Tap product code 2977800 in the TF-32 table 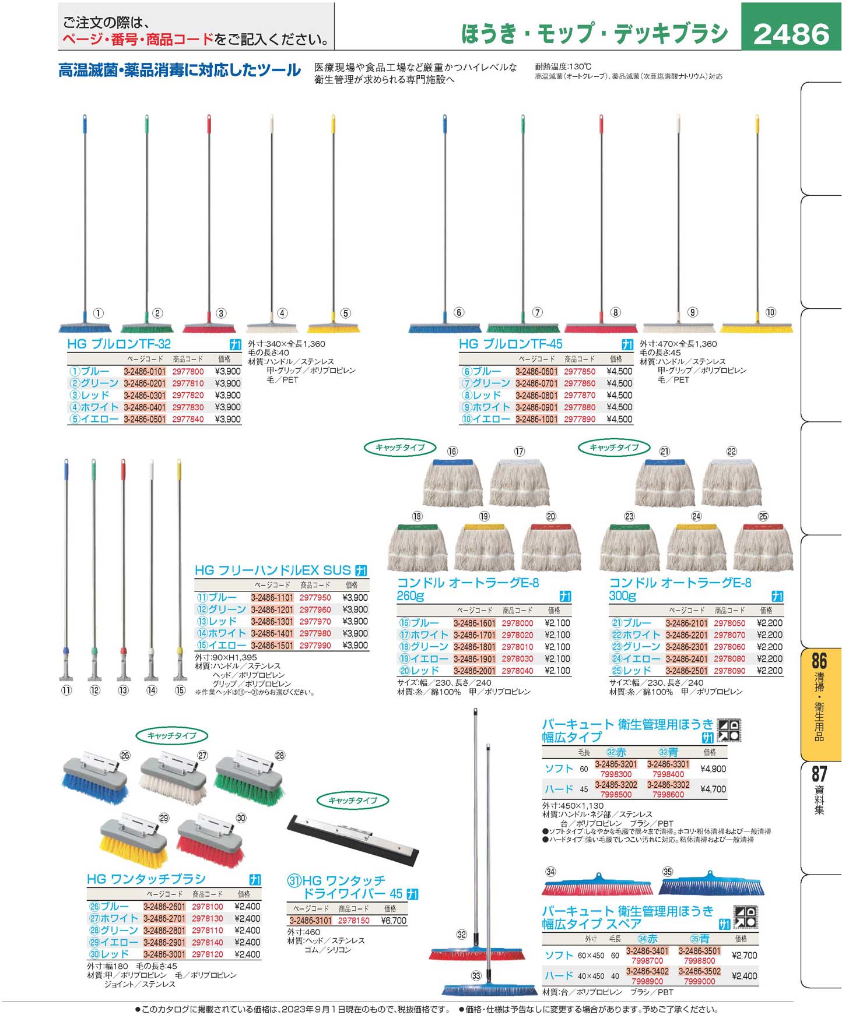(188, 371)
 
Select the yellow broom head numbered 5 (334, 328)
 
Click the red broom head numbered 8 (601, 329)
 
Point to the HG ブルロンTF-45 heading (510, 344)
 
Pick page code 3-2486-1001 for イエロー (536, 419)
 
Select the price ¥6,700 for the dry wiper (395, 921)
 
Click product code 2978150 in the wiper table (353, 921)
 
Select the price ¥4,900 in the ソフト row (713, 769)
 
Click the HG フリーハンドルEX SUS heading (273, 570)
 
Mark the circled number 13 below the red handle (123, 690)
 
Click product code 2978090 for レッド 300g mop (729, 671)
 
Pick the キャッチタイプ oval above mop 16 (400, 447)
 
